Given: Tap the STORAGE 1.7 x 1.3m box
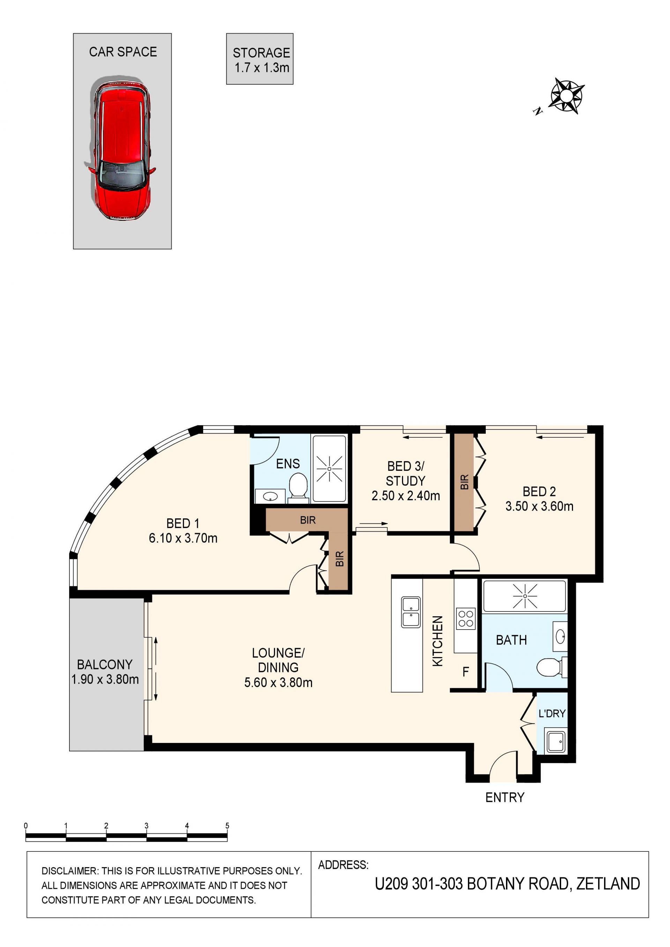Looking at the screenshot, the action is (260, 59).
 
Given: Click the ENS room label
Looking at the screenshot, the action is (288, 464).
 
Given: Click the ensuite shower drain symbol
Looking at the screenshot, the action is (329, 469).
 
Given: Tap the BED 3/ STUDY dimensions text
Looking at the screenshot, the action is (405, 496).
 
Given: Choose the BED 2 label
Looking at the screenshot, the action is (539, 492).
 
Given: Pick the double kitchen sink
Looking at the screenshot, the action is (411, 612).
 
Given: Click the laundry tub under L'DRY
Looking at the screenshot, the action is (556, 741).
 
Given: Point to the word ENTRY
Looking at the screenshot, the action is (505, 798).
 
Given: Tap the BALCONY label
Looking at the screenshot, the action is (105, 664).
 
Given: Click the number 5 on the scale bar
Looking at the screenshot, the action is (227, 826).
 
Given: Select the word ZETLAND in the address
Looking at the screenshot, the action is (608, 884).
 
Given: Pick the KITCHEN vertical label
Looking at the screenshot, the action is (438, 641).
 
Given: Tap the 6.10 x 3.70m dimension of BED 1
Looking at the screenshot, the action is (183, 538).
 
